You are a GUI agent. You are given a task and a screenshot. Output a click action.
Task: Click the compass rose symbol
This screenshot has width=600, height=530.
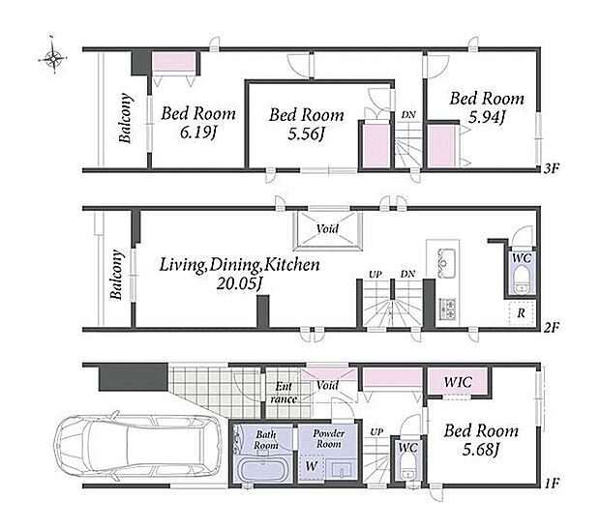pyautogui.click(x=53, y=58)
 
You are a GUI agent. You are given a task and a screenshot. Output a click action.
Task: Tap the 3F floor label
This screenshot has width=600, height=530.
pyautogui.click(x=552, y=168)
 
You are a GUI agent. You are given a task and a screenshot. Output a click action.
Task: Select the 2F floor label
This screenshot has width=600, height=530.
pyautogui.click(x=552, y=327)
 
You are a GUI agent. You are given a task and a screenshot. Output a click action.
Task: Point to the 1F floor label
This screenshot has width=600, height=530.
pyautogui.click(x=552, y=483)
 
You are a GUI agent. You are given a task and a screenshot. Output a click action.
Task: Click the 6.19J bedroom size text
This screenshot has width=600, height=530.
pyautogui.click(x=198, y=132)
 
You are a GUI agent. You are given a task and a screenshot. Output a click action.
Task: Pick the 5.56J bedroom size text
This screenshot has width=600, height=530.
pyautogui.click(x=306, y=134)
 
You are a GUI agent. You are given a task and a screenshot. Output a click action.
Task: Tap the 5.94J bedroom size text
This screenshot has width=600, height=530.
pyautogui.click(x=487, y=117)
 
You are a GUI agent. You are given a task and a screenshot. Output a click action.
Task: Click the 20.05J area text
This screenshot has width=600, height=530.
pyautogui.click(x=240, y=283)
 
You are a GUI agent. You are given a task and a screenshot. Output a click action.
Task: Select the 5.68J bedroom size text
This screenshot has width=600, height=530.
pyautogui.click(x=481, y=450)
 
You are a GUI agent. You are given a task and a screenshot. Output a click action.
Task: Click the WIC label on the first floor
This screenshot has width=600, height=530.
pyautogui.click(x=458, y=382)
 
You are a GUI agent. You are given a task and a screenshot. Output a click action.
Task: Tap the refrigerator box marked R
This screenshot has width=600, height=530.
pyautogui.click(x=522, y=313)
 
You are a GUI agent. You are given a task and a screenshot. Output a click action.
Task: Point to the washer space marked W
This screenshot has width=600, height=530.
pyautogui.click(x=312, y=466)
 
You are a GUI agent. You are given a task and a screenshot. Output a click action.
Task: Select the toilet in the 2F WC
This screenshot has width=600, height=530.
pyautogui.click(x=521, y=280)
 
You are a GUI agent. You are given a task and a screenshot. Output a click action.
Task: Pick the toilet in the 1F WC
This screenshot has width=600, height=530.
pyautogui.click(x=407, y=468)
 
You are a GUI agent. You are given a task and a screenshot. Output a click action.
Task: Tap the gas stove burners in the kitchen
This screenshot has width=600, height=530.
pyautogui.click(x=448, y=309)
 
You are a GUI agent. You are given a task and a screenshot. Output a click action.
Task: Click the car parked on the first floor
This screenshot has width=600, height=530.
pyautogui.click(x=137, y=446)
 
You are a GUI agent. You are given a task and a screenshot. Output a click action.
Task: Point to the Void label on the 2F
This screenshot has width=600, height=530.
pyautogui.click(x=327, y=228)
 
